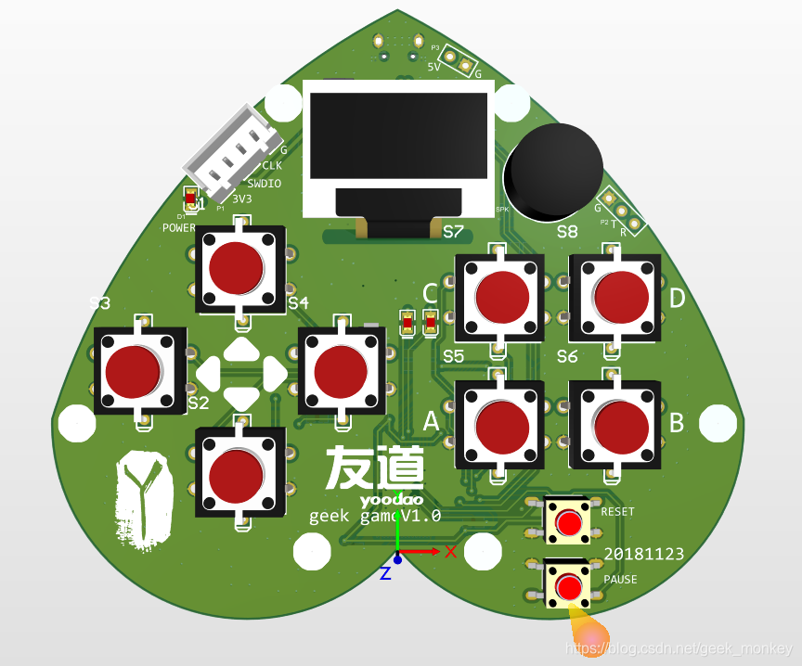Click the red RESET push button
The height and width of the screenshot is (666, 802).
pos(568,522)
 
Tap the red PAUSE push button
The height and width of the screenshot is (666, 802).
pos(568,586)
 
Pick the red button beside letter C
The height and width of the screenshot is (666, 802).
pos(502,296)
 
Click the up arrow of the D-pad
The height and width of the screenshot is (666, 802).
pos(241,350)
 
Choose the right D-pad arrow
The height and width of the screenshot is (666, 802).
pos(275,373)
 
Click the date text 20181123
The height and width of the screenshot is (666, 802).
pos(644,554)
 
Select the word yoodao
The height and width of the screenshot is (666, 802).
pos(385,500)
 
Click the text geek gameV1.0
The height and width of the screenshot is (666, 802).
pos(374,516)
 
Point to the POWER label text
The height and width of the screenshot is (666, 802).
pos(179,227)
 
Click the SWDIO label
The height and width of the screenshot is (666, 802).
pos(264,184)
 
